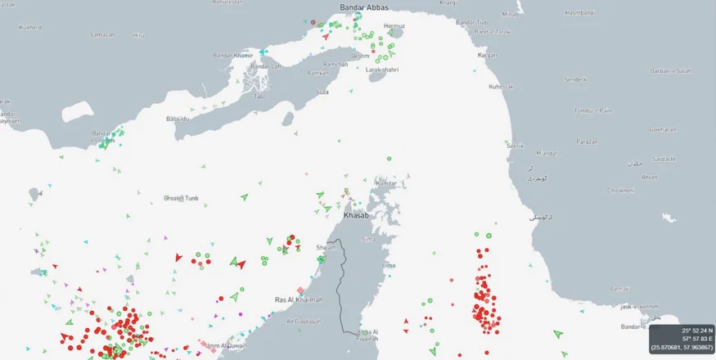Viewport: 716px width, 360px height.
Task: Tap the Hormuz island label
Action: point(394,25)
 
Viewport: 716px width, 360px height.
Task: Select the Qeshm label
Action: point(361,56)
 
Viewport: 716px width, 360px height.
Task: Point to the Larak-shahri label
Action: point(382,70)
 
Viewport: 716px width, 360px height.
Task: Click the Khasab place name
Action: point(356,215)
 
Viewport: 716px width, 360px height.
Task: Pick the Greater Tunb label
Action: point(181,198)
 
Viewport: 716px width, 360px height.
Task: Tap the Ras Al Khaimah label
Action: point(299,299)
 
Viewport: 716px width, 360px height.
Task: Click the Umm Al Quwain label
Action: point(226,345)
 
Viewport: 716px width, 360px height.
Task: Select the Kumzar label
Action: point(387,182)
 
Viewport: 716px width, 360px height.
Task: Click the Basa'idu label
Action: point(178,119)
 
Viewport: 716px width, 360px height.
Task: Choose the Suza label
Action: point(322,92)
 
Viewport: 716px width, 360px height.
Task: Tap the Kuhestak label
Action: point(500,86)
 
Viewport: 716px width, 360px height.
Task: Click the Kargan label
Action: point(488,55)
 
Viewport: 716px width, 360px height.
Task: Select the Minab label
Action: point(511,14)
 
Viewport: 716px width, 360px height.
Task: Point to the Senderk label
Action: point(576,79)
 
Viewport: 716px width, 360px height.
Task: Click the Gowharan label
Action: point(662,129)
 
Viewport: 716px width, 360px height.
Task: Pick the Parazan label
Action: point(586,141)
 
